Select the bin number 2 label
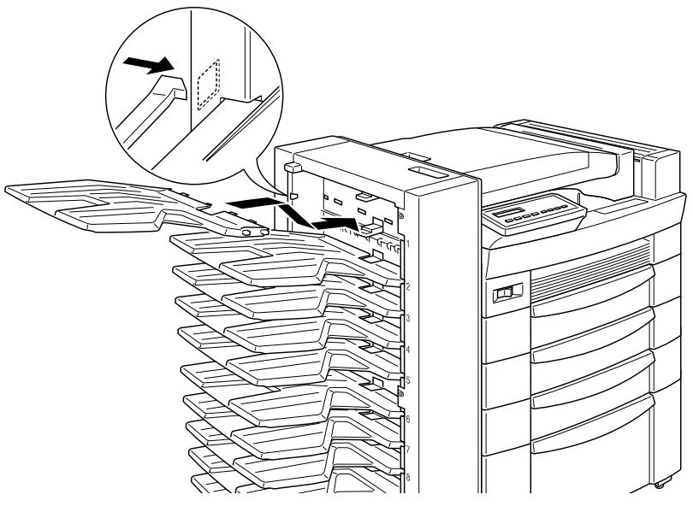point(410,286)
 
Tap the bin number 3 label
point(410,318)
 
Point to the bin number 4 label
point(410,350)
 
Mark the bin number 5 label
point(410,381)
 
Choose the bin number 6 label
point(410,420)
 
